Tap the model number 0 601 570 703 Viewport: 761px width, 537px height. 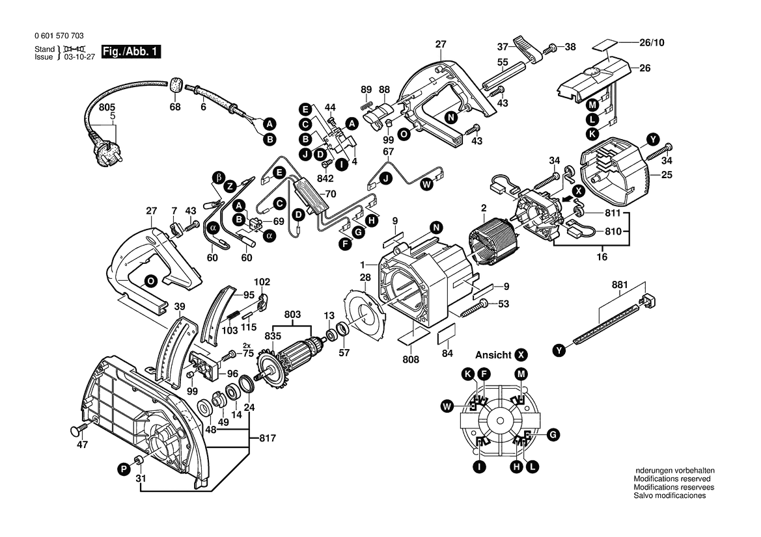point(57,36)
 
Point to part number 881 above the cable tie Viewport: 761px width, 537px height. point(619,285)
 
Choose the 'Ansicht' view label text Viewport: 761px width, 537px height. point(493,355)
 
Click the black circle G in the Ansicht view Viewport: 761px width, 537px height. point(552,434)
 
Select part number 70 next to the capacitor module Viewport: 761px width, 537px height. point(330,194)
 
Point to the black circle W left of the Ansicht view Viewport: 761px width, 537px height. point(447,407)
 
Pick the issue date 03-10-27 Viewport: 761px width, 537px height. point(76,57)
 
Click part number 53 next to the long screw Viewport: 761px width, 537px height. point(503,304)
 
